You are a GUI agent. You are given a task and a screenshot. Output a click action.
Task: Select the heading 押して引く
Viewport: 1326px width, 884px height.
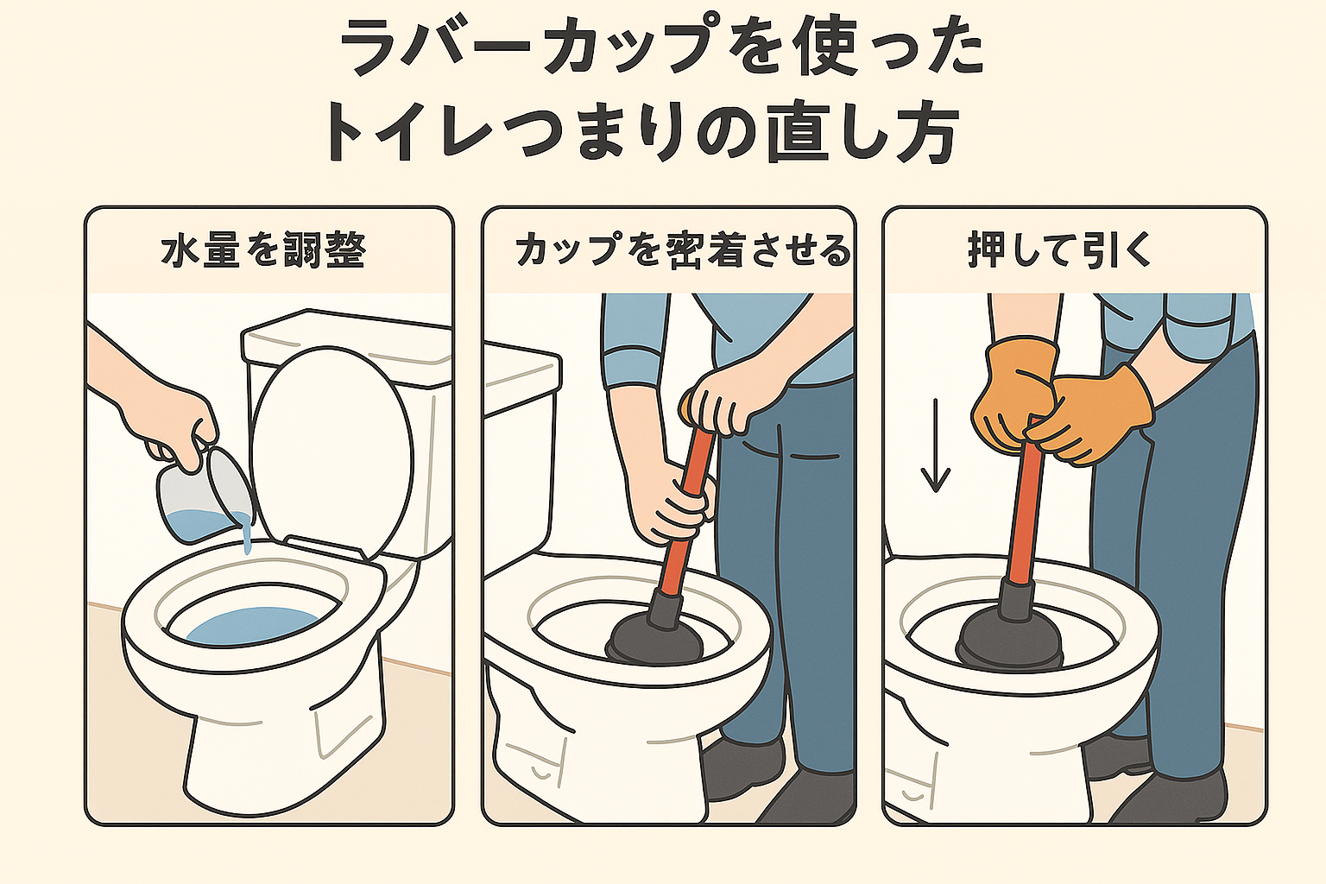point(1059,250)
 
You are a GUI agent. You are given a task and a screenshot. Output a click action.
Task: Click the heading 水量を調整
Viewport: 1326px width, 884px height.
point(263,251)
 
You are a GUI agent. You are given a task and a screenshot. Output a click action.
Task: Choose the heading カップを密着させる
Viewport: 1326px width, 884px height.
point(682,251)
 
